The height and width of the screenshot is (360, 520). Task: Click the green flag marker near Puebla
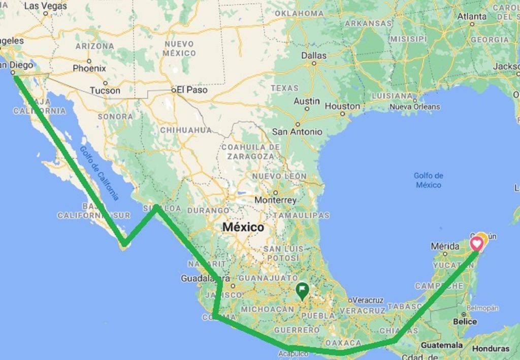[x=302, y=291]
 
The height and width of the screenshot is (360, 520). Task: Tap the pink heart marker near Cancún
[x=477, y=244]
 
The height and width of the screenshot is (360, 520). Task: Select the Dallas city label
[x=314, y=55]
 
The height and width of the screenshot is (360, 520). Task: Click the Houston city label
[x=342, y=106]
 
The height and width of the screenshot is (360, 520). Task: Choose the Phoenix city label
[x=89, y=68]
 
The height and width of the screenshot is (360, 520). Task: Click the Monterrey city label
[x=276, y=200]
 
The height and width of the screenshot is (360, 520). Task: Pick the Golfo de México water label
[x=429, y=180]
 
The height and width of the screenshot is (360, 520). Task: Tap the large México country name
[x=243, y=227]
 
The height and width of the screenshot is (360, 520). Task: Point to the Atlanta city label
[x=472, y=16]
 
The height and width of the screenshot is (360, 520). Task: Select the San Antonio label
[x=297, y=132]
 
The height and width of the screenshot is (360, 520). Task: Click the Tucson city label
[x=105, y=90]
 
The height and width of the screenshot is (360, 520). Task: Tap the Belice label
[x=465, y=321]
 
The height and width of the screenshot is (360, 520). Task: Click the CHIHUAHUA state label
[x=185, y=130]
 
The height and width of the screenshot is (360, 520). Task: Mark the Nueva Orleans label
[x=414, y=107]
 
